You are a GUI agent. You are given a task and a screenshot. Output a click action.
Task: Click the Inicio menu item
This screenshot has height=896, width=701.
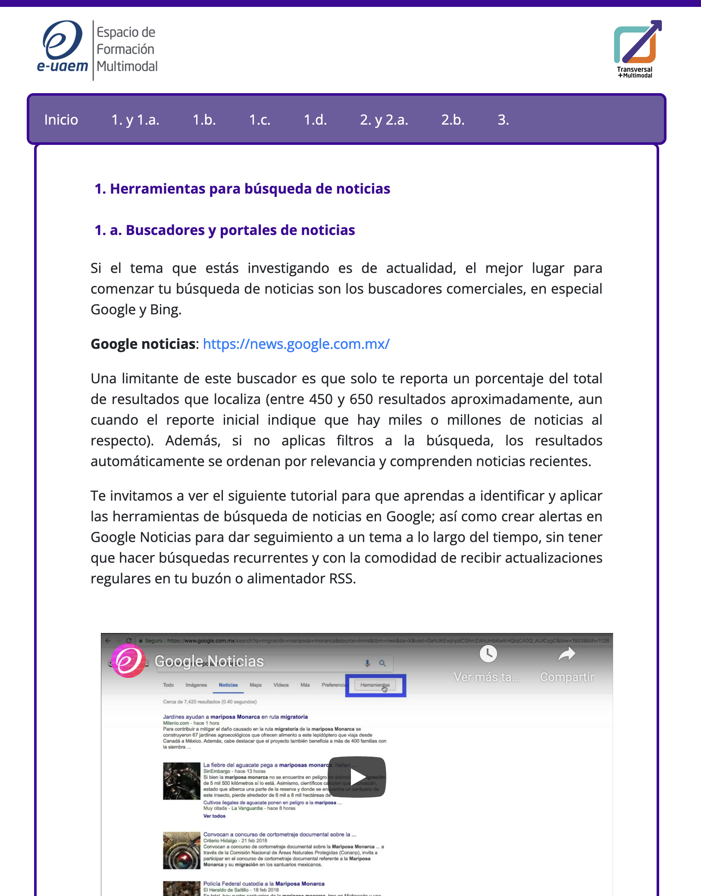tap(61, 119)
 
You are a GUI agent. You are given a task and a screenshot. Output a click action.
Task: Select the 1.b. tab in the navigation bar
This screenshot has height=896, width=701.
tap(204, 119)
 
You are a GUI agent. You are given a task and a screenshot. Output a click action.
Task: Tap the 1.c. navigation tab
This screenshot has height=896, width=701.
tap(260, 119)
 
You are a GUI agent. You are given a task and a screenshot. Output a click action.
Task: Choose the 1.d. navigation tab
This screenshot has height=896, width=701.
tap(315, 119)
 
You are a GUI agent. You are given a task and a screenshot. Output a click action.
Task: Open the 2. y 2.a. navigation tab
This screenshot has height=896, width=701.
tap(384, 119)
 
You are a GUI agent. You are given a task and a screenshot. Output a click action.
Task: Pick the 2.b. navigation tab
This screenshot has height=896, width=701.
tap(453, 119)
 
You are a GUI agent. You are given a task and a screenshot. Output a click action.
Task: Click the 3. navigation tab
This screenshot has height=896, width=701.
tap(503, 119)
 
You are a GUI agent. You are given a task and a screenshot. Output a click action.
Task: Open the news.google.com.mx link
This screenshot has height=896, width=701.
tap(296, 344)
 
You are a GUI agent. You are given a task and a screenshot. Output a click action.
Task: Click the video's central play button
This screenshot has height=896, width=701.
tap(357, 777)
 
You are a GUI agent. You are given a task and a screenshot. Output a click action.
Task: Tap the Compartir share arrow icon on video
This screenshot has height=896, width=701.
tap(566, 655)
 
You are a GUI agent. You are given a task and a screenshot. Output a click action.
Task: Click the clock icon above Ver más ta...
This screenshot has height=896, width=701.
tap(488, 654)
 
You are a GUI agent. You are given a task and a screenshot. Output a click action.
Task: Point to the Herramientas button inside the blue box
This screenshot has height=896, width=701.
tap(375, 685)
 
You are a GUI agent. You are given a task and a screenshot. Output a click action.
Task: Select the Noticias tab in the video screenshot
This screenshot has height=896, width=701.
tap(228, 685)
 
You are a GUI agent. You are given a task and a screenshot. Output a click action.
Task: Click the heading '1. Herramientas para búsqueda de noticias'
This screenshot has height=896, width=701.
tap(242, 189)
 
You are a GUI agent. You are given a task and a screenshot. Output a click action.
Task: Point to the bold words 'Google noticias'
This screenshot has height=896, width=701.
tap(143, 344)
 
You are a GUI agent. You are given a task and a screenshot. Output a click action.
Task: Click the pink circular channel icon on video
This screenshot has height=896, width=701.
tap(128, 661)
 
